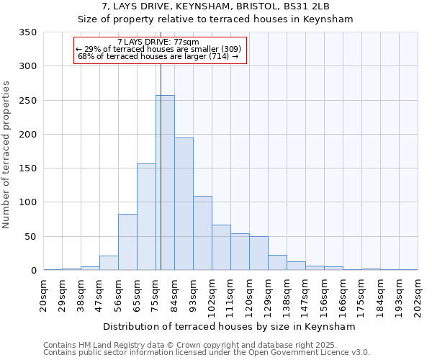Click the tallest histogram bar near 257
tap(165, 183)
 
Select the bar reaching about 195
tap(184, 204)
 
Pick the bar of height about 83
tap(127, 242)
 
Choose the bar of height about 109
tap(202, 233)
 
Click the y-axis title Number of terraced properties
tap(7, 155)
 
